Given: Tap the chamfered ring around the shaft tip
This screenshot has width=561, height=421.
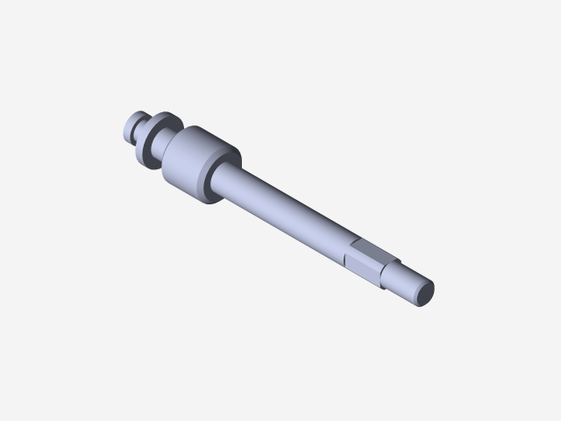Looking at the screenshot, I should tap(418, 284).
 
